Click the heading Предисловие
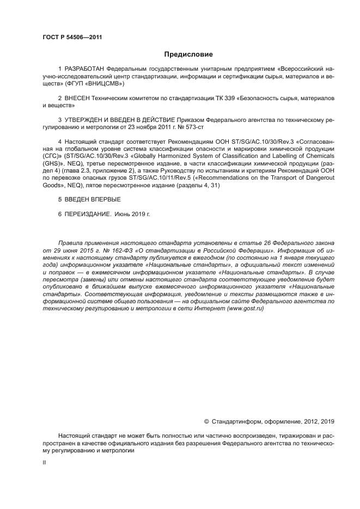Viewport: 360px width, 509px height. click(x=188, y=54)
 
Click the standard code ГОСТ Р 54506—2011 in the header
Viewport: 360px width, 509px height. click(x=72, y=37)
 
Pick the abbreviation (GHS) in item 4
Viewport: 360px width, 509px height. click(x=53, y=163)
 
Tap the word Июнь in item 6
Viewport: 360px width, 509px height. click(x=123, y=214)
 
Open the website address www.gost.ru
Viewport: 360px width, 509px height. click(x=246, y=308)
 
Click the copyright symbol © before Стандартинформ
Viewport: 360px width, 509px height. click(x=206, y=421)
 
